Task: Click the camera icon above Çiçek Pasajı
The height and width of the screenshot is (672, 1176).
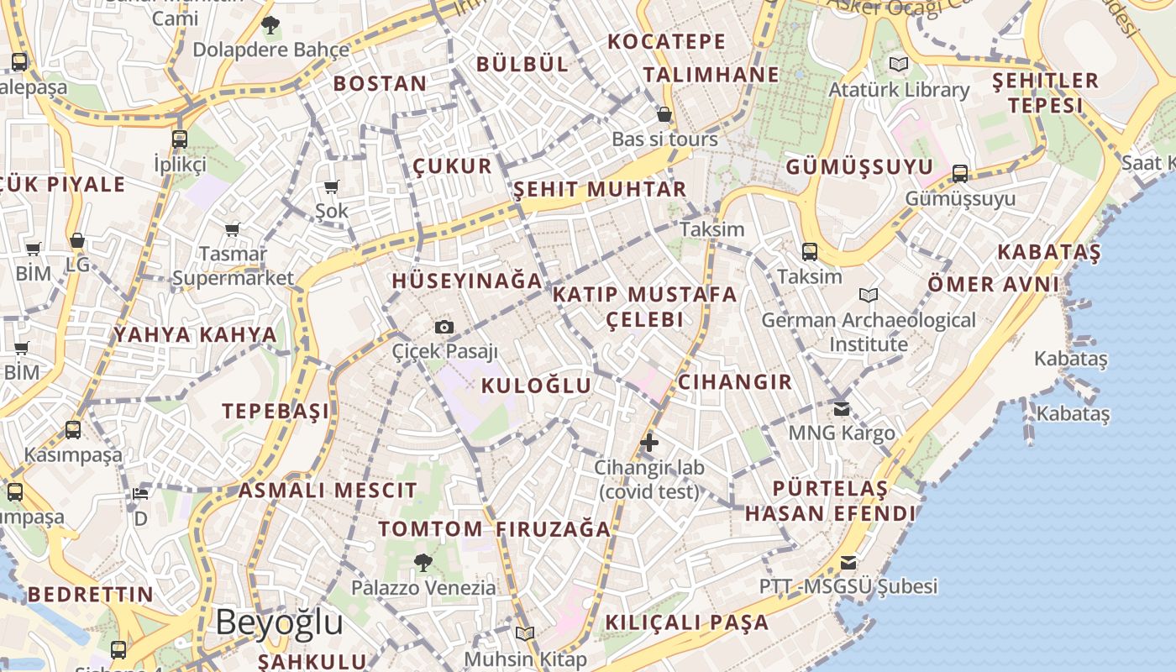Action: click(444, 327)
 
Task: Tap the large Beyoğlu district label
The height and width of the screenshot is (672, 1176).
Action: click(279, 623)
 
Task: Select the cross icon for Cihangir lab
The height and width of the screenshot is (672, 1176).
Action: click(648, 442)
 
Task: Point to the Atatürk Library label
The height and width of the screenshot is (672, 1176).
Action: click(899, 89)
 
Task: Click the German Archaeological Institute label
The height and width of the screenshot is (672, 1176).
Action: click(869, 332)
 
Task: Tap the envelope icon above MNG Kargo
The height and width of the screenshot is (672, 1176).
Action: click(842, 409)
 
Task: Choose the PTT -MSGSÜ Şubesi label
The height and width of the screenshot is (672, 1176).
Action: click(848, 585)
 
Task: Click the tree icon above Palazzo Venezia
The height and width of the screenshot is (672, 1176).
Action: click(423, 562)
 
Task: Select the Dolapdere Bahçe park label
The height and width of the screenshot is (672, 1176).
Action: click(271, 50)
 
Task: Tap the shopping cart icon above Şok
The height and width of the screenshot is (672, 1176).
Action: click(332, 186)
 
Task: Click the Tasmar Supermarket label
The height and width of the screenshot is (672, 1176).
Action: click(233, 265)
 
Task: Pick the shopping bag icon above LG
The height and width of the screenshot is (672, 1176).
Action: click(77, 241)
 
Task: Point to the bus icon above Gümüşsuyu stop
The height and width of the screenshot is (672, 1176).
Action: click(960, 174)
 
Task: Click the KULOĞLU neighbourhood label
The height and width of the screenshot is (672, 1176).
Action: click(536, 386)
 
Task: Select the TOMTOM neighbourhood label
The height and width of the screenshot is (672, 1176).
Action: click(430, 529)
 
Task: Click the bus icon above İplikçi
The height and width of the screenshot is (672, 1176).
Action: click(180, 139)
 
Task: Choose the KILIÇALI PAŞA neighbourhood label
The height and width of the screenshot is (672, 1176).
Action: click(686, 622)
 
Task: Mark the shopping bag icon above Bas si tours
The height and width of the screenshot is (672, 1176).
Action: click(664, 114)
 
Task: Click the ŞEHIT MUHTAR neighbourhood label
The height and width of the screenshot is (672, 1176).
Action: click(600, 189)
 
